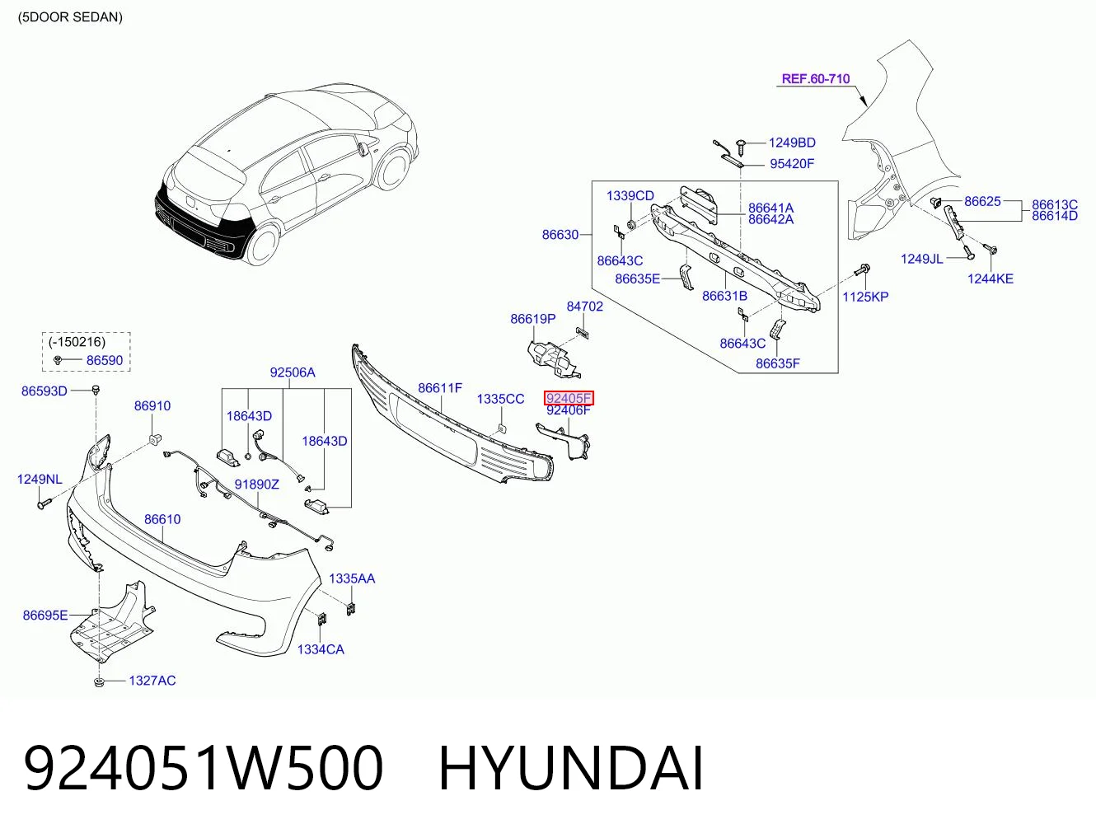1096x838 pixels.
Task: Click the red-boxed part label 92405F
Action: click(569, 398)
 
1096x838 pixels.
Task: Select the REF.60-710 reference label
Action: click(815, 79)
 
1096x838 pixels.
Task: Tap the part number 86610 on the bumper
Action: click(162, 519)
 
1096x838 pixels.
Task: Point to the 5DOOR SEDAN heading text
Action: click(70, 17)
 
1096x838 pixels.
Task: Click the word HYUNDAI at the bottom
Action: click(571, 768)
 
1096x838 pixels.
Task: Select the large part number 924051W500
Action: click(204, 768)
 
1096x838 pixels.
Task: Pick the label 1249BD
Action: click(792, 143)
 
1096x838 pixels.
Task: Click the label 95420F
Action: click(792, 164)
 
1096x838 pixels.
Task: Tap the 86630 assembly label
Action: click(560, 235)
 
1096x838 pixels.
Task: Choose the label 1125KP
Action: click(865, 297)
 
